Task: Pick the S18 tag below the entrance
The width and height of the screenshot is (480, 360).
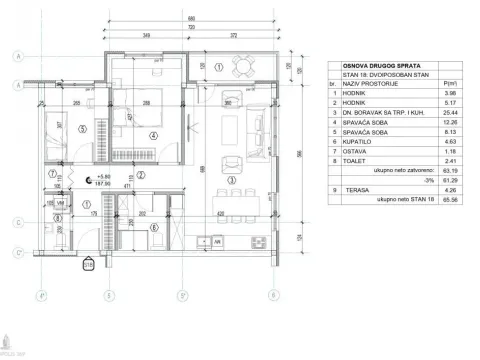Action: [87, 264]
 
